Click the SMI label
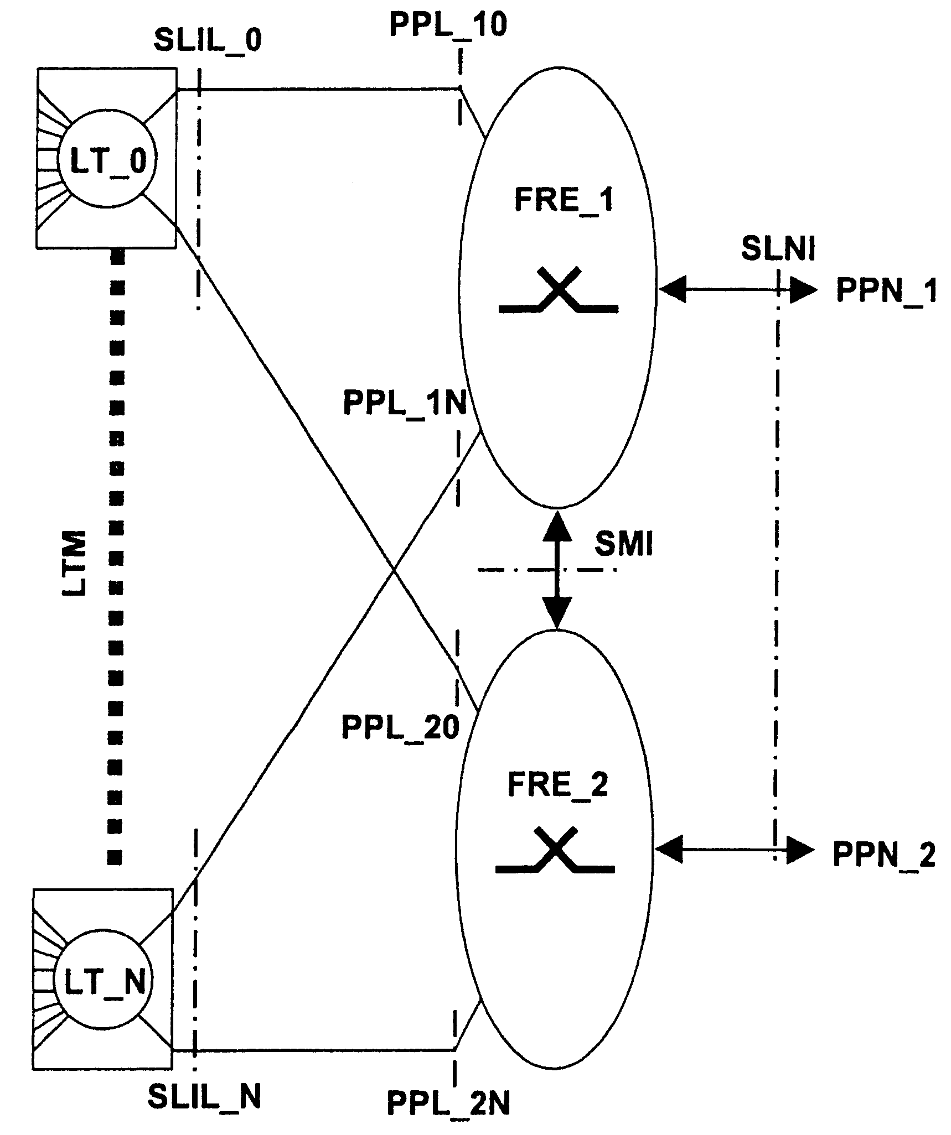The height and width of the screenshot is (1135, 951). (624, 545)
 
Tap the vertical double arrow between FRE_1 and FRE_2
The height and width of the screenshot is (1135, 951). (556, 570)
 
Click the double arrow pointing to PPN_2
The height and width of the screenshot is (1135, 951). (734, 850)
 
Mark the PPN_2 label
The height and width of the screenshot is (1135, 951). (883, 855)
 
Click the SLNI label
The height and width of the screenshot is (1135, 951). (778, 249)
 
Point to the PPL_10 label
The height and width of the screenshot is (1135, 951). (448, 25)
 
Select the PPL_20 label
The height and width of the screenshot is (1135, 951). (400, 727)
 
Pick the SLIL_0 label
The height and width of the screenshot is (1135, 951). (208, 40)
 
